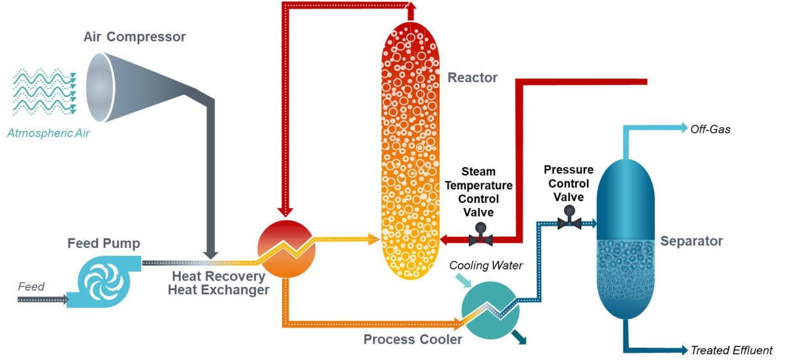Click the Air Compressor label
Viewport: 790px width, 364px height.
point(135,37)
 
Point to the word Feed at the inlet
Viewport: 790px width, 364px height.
point(31,287)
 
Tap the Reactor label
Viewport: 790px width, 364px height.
point(472,78)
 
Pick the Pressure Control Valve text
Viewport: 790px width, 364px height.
point(568,183)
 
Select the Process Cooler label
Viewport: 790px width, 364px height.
point(412,339)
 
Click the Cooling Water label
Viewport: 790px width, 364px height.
point(486,266)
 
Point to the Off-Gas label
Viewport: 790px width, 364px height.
point(710,130)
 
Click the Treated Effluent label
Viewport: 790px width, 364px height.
point(731,350)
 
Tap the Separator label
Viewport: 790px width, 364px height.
point(691,241)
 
